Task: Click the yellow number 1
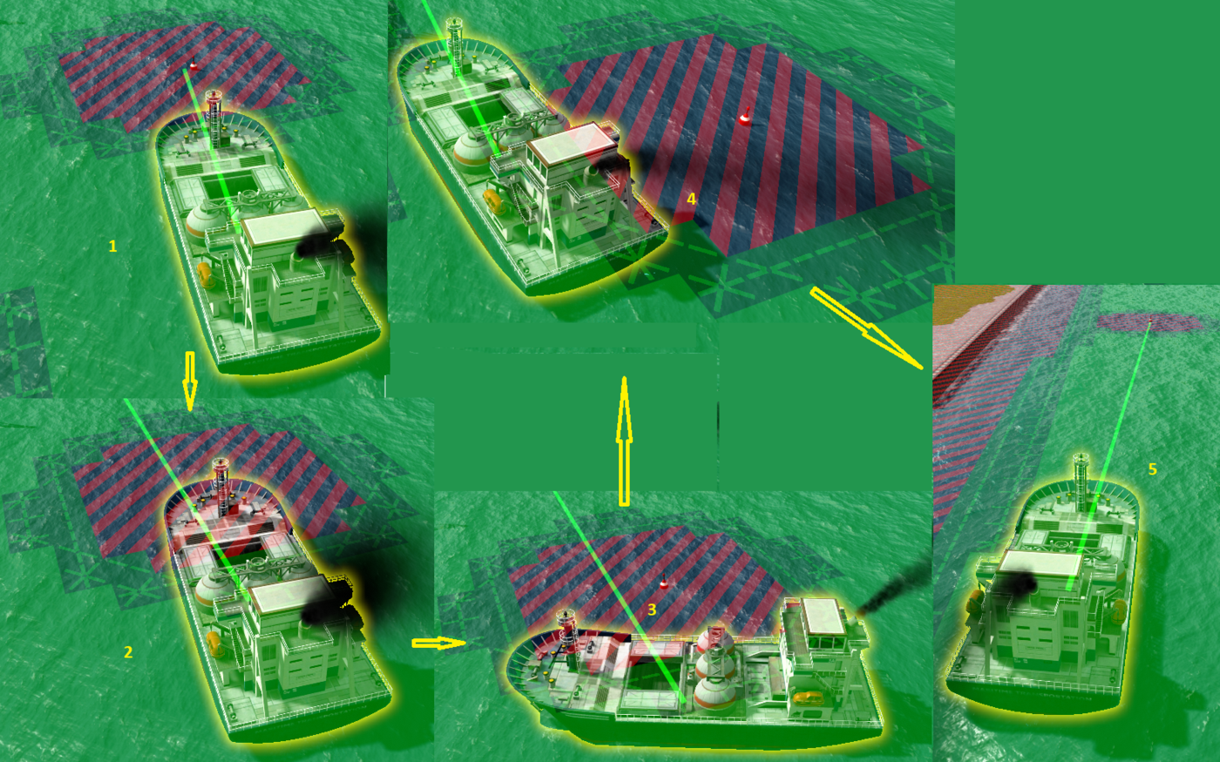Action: coord(112,246)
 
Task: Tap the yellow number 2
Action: coord(128,651)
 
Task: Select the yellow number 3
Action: coord(652,610)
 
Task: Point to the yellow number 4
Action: coord(691,199)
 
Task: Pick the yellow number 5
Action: coord(1152,469)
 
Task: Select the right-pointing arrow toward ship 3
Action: coord(439,644)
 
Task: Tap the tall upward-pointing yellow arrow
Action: coord(624,442)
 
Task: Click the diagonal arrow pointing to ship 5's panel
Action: coord(867,328)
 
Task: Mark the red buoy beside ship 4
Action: coord(744,117)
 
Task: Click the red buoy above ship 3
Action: coord(663,583)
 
